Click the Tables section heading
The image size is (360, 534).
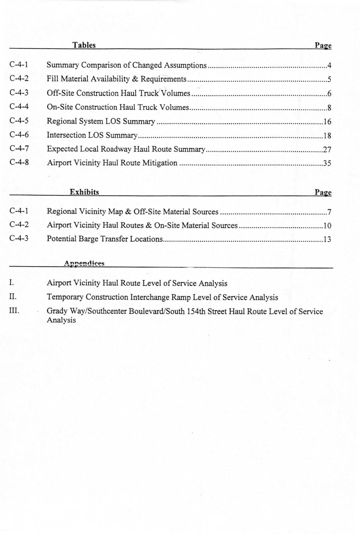[x=84, y=45]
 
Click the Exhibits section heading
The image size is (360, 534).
[x=84, y=192]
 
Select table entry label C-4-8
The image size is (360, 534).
[x=19, y=162]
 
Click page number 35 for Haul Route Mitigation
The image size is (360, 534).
[x=327, y=163]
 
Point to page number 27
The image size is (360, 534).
[x=327, y=149]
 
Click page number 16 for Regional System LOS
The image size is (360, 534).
[x=327, y=122]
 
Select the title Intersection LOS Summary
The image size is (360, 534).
[x=92, y=135]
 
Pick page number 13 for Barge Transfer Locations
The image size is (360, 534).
[x=327, y=240]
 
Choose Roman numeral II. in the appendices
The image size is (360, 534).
[x=13, y=296]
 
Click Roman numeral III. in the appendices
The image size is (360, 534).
[x=14, y=311]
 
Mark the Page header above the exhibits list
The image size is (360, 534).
[x=323, y=192]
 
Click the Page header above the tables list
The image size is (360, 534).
[x=323, y=46]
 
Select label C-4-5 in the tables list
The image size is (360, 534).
[x=19, y=121]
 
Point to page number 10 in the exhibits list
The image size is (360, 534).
[x=327, y=226]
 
